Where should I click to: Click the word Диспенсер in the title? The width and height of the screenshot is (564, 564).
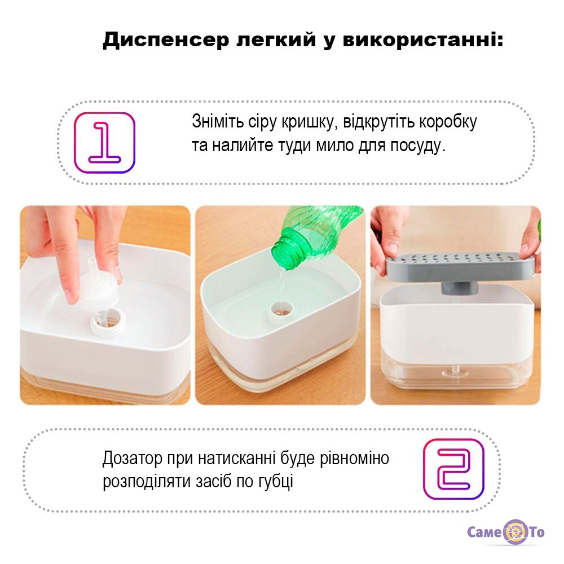click(x=166, y=40)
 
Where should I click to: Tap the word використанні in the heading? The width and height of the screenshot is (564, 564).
click(x=422, y=40)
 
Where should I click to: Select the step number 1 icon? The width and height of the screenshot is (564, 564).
click(x=104, y=143)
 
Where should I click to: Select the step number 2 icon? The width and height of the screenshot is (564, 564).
click(x=453, y=469)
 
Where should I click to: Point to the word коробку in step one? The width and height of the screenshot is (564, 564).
click(x=447, y=122)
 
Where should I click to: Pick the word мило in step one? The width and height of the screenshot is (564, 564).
click(x=334, y=146)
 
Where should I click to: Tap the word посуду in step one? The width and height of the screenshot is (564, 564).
click(x=418, y=147)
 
